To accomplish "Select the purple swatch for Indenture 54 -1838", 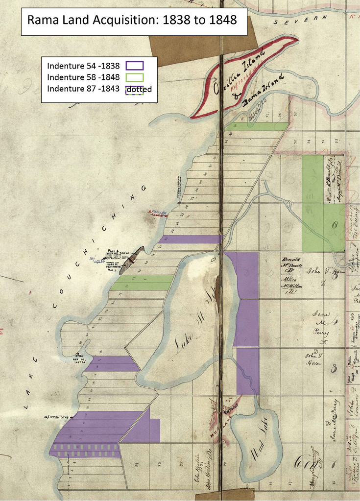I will pos(134,66).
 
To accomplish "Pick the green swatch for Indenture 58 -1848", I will pos(134,77).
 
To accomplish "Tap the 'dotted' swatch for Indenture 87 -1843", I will pos(134,89).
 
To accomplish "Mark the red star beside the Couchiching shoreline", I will pos(150,212).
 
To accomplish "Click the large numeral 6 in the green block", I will pos(335,225).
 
